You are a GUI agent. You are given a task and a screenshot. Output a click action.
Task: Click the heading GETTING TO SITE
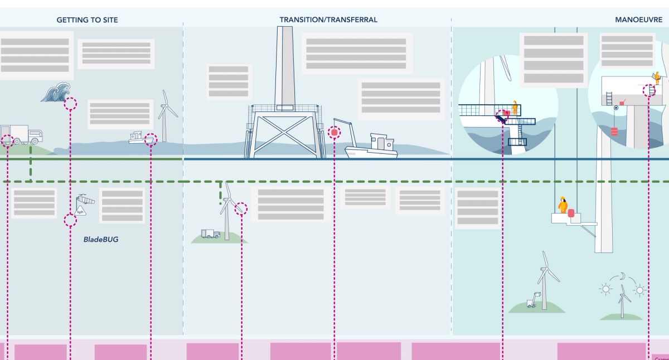pos(87,20)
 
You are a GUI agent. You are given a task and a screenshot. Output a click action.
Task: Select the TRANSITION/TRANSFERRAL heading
pos(328,20)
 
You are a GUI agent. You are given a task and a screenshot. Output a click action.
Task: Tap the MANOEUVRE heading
pos(638,20)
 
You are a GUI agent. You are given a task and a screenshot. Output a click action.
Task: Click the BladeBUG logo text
pos(101,240)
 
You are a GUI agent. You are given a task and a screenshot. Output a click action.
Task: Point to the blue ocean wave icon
pos(55,93)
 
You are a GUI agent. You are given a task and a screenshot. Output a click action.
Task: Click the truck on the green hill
pos(23,134)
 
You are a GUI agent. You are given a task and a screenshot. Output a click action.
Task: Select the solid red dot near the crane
pos(334,133)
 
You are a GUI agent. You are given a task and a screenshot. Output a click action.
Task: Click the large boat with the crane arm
pos(371,146)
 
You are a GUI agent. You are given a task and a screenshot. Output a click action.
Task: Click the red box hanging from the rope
pos(614,132)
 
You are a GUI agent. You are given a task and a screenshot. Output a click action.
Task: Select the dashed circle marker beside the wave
pos(70,104)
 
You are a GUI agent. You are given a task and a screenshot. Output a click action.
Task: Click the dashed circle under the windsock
pos(70,220)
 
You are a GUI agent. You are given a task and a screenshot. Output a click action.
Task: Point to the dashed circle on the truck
pos(7,140)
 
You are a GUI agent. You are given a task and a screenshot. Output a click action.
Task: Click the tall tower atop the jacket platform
pos(284,67)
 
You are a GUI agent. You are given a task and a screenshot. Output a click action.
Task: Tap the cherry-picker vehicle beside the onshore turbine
pos(534,300)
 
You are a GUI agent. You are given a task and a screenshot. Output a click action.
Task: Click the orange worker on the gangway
pos(515,107)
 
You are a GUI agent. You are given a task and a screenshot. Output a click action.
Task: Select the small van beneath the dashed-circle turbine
pos(210,234)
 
